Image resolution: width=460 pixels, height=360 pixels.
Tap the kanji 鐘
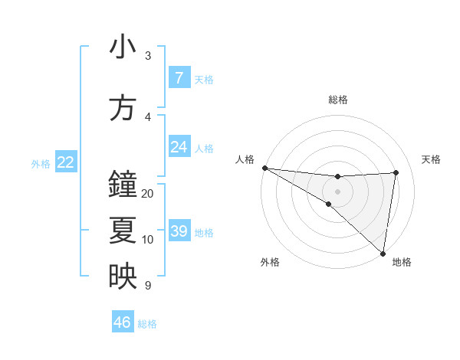tap(123, 185)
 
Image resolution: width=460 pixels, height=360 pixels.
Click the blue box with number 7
tap(179, 78)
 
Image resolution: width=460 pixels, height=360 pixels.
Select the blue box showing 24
tap(179, 147)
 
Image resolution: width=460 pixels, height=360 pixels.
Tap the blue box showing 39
tap(179, 231)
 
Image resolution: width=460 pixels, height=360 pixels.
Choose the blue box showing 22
tap(66, 162)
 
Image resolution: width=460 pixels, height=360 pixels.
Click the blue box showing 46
tap(123, 322)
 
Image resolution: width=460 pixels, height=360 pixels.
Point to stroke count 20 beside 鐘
tap(148, 193)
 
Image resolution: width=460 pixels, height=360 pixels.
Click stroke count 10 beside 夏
tap(148, 240)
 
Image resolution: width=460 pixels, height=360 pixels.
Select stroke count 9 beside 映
tap(147, 286)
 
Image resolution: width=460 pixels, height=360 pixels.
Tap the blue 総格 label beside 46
tap(147, 324)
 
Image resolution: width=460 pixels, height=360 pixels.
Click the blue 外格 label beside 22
tap(41, 163)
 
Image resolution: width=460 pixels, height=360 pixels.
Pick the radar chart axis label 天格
tap(431, 159)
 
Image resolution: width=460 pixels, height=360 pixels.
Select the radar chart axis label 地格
tap(402, 262)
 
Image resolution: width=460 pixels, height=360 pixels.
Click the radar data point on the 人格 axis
tap(264, 168)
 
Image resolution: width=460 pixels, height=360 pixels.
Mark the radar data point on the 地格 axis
tap(383, 253)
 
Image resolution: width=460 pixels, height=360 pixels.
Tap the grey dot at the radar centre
tap(337, 190)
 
